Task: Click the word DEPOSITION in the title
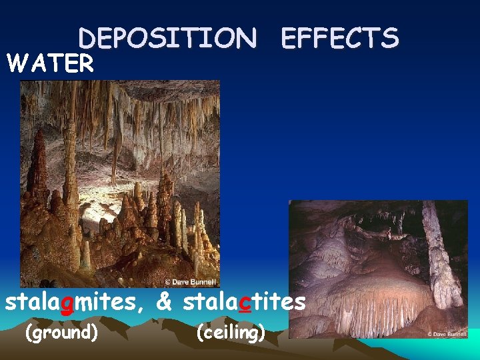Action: [x=167, y=38]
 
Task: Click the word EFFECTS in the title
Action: [x=340, y=38]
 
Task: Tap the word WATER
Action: [x=50, y=63]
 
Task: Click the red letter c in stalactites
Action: [x=245, y=302]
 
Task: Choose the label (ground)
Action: [x=61, y=331]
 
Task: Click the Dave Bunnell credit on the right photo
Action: [x=447, y=333]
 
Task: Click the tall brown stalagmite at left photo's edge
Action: [x=37, y=167]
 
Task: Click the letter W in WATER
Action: [x=15, y=63]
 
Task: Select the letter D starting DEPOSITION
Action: [x=87, y=38]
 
